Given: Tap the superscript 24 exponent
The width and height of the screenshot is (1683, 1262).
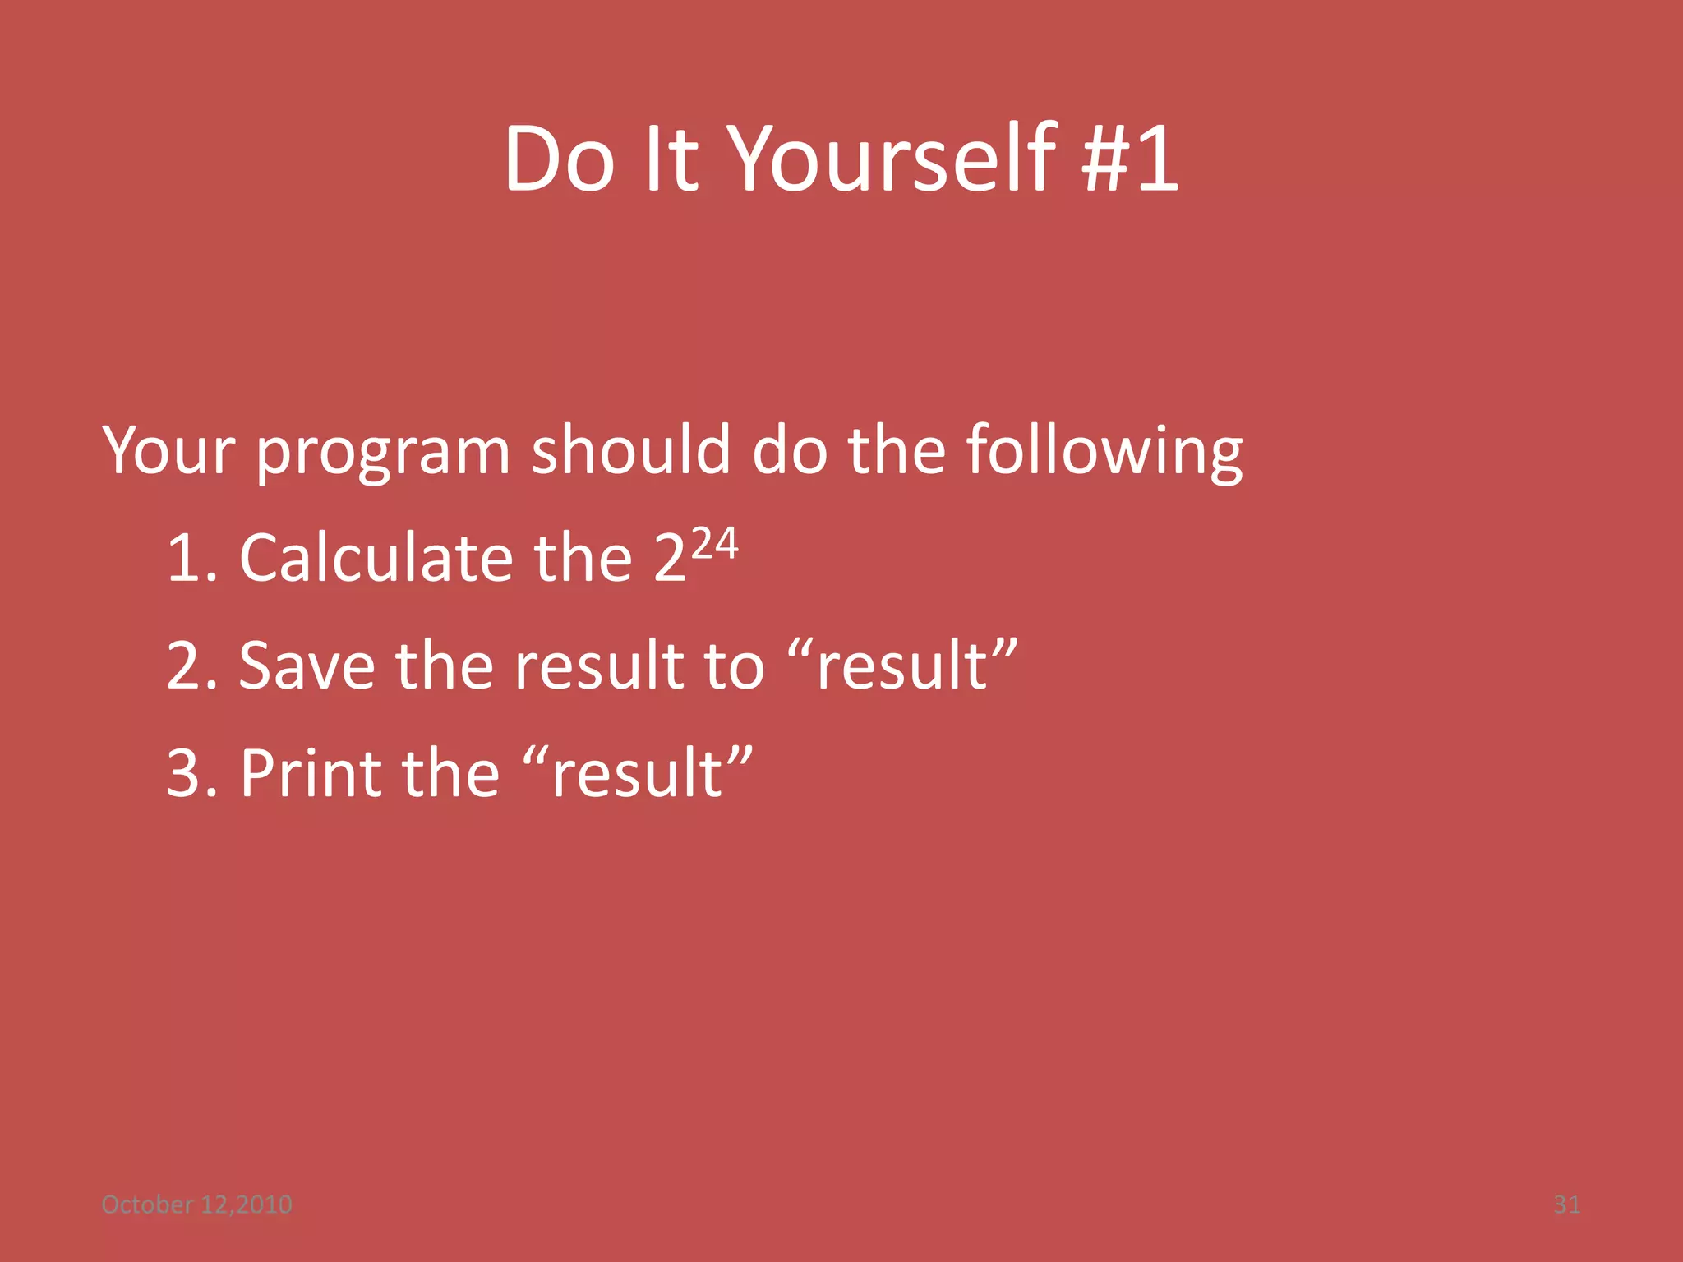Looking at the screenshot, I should click(x=715, y=545).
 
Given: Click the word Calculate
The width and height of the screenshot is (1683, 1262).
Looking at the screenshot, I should click(x=376, y=559).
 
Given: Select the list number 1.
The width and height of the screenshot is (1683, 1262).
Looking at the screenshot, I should click(x=187, y=559).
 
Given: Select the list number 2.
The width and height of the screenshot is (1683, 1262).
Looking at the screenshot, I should click(x=187, y=666).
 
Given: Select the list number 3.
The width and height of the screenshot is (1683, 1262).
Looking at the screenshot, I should click(x=187, y=774).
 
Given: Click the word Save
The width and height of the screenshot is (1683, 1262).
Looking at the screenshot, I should click(x=307, y=666).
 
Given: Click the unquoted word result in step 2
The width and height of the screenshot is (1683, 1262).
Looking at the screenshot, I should click(x=599, y=666).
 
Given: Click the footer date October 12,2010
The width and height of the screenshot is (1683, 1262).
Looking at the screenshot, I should click(x=196, y=1204).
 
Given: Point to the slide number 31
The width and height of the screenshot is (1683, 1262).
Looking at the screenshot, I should click(x=1566, y=1204).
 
